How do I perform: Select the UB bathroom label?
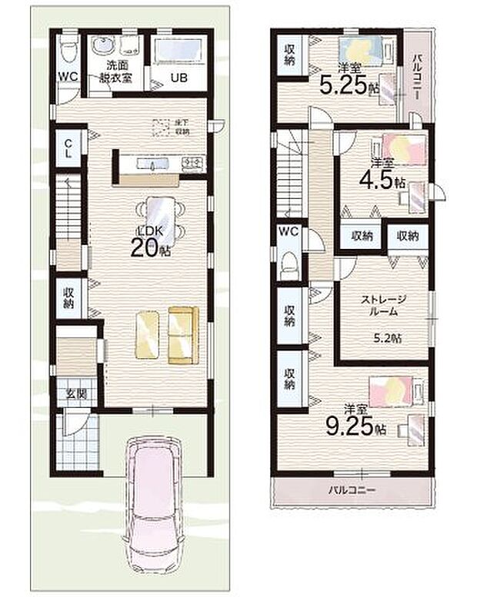pos(178,77)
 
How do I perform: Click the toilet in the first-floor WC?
pos(67,48)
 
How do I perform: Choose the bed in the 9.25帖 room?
pos(393,391)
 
